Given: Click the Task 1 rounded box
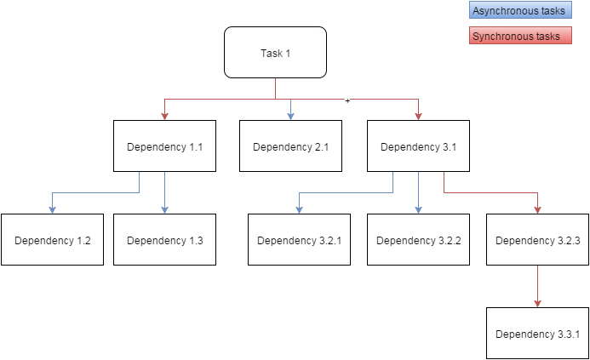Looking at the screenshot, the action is (x=276, y=52).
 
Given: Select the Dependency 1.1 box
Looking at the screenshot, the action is (x=165, y=146).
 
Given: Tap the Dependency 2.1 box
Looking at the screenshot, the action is (x=291, y=146).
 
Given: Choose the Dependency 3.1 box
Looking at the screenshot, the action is (x=418, y=146).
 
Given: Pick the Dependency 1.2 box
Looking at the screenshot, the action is (x=52, y=240).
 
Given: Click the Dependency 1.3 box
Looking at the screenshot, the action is (x=165, y=240).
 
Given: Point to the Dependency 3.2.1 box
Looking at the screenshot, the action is (x=299, y=240).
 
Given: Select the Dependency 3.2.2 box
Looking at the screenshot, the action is (x=418, y=240).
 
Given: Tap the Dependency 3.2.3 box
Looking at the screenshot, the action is (x=538, y=240).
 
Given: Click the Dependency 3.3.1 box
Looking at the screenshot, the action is (x=538, y=334).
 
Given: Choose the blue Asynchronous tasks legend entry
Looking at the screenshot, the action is (x=520, y=10).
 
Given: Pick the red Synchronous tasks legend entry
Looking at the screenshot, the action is (x=520, y=36).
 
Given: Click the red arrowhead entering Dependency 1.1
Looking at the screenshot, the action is (x=165, y=117).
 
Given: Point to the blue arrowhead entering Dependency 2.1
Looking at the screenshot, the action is (x=291, y=117).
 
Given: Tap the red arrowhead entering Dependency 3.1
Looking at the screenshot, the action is (x=418, y=117).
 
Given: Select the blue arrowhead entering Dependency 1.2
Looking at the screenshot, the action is (x=52, y=210).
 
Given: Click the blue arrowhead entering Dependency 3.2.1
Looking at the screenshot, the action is (x=299, y=210).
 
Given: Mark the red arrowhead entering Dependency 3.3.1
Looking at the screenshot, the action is (x=538, y=304).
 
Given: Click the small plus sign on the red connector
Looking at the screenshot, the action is (x=347, y=100).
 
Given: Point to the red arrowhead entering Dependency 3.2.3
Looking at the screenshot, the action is (x=538, y=210).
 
